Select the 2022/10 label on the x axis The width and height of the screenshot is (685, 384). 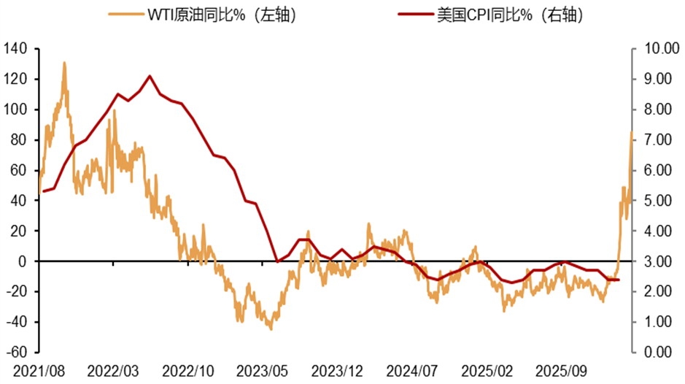(x=187, y=370)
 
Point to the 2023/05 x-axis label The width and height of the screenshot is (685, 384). (x=263, y=370)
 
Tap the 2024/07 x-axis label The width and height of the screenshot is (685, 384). (x=413, y=370)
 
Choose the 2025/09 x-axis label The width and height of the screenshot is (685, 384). (x=562, y=370)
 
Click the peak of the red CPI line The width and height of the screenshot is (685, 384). (x=150, y=76)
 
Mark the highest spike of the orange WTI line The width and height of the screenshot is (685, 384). (x=64, y=63)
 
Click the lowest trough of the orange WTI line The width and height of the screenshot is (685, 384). (x=271, y=329)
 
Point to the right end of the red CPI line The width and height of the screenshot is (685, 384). (x=619, y=280)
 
